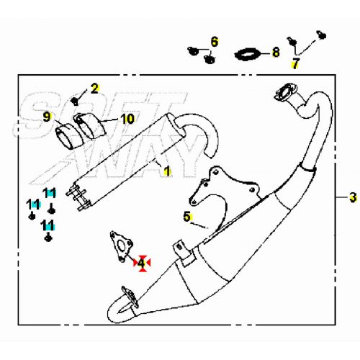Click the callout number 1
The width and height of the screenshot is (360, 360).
pyautogui.click(x=167, y=171)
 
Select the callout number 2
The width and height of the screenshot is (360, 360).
pyautogui.click(x=94, y=89)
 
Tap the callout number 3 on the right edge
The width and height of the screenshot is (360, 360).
pyautogui.click(x=353, y=197)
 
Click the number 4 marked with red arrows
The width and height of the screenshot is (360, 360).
pyautogui.click(x=141, y=264)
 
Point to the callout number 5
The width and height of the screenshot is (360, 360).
pyautogui.click(x=186, y=217)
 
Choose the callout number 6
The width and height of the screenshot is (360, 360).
pyautogui.click(x=215, y=42)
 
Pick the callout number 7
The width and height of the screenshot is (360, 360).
pyautogui.click(x=295, y=63)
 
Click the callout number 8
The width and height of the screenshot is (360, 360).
pyautogui.click(x=276, y=52)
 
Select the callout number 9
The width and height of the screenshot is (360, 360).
pyautogui.click(x=47, y=117)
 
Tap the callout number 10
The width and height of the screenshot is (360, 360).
pyautogui.click(x=127, y=119)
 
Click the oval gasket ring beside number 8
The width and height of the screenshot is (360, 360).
pyautogui.click(x=248, y=55)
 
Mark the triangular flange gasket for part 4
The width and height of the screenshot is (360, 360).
pyautogui.click(x=121, y=246)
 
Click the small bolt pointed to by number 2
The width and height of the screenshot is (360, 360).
pyautogui.click(x=75, y=102)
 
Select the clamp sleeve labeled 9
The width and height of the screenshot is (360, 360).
pyautogui.click(x=68, y=136)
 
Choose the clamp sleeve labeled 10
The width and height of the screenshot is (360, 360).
pyautogui.click(x=90, y=126)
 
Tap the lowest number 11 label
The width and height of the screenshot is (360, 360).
pyautogui.click(x=48, y=225)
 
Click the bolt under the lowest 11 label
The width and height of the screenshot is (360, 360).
pyautogui.click(x=48, y=238)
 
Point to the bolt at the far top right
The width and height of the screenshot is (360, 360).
pyautogui.click(x=322, y=35)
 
